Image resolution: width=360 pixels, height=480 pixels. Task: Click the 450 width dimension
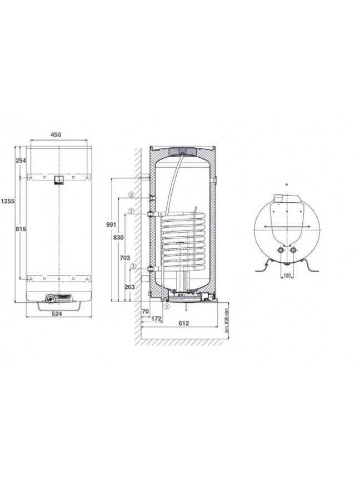coord(56,134)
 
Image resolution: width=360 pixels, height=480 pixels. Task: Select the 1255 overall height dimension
coord(7,201)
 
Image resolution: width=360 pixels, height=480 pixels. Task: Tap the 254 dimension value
coord(21,160)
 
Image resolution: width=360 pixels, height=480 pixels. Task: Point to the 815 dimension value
coord(21,229)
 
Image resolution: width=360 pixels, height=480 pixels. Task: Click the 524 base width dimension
coord(57,314)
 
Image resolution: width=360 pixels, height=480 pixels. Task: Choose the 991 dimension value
coord(111,224)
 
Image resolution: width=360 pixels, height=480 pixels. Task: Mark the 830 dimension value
coord(118,237)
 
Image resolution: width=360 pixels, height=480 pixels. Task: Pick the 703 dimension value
coord(124,258)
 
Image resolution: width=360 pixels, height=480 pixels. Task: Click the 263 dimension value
coord(130,287)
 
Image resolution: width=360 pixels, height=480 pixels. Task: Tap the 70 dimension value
coord(146,311)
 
